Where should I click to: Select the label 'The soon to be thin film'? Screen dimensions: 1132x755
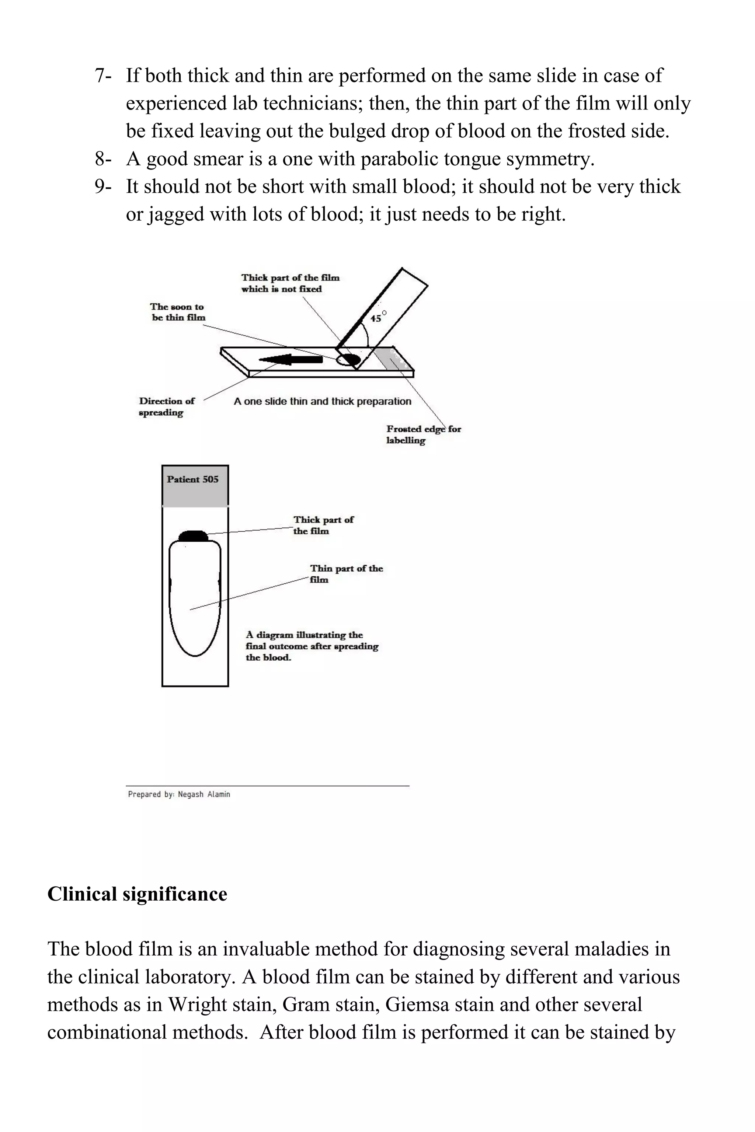click(178, 312)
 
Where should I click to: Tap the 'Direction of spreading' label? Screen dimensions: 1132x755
click(166, 407)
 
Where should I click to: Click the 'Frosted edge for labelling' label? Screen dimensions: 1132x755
click(423, 434)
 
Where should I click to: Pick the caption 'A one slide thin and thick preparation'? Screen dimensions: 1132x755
click(322, 401)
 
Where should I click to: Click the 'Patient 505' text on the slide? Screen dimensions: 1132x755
click(192, 479)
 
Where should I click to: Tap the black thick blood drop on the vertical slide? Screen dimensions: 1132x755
click(194, 536)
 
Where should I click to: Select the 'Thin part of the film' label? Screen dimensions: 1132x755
click(346, 574)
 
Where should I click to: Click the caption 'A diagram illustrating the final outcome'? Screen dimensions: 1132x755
click(312, 646)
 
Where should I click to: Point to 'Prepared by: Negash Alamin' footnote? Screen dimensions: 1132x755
click(179, 794)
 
